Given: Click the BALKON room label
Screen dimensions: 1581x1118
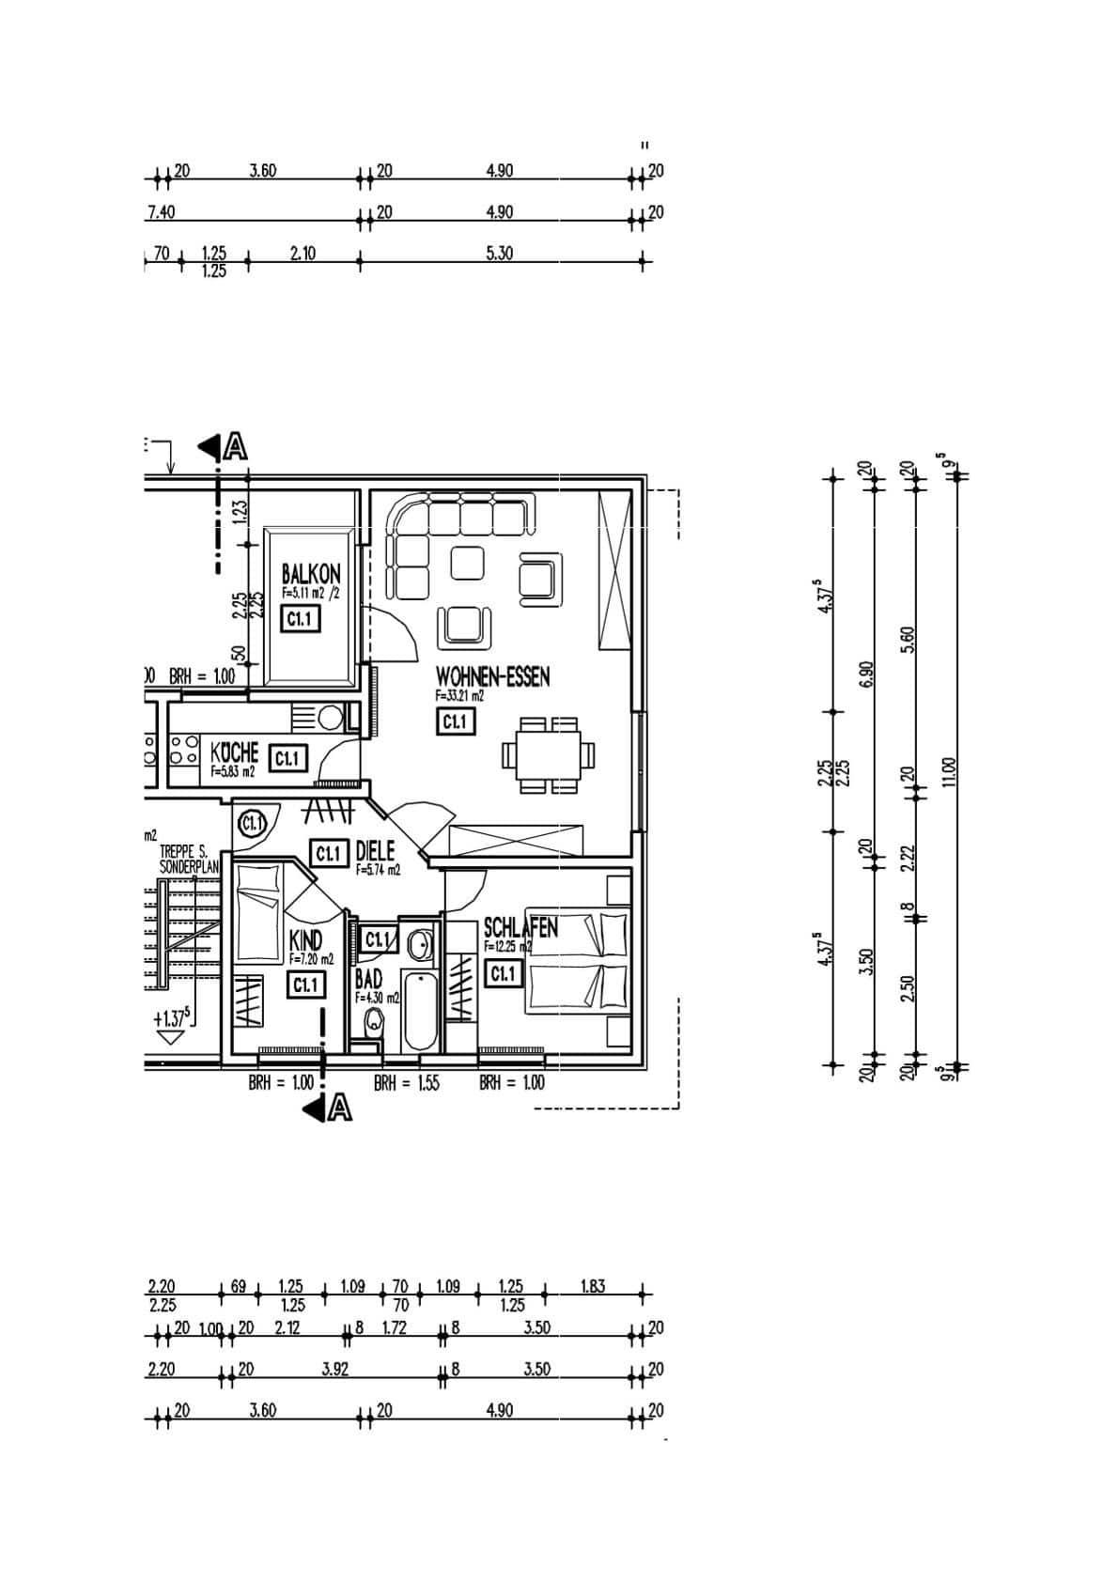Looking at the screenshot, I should tap(311, 573).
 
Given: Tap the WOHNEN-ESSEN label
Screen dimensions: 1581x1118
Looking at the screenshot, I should tap(492, 676).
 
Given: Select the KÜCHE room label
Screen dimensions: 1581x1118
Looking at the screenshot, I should tap(234, 752).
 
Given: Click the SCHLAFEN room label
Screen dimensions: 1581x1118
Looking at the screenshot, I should tap(520, 928).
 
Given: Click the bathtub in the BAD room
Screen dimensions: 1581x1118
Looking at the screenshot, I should tap(420, 1013).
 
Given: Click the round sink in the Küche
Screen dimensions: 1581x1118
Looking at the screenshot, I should tap(330, 718).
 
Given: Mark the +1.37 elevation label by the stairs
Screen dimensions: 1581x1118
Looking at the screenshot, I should tap(173, 1016).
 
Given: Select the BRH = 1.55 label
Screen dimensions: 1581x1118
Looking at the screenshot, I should tap(406, 1083).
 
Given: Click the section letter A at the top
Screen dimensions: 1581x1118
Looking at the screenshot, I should tap(236, 447).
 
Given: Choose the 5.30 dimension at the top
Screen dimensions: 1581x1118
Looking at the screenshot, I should tap(499, 253).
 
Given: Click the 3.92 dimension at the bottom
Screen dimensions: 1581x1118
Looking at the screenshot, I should tap(334, 1369).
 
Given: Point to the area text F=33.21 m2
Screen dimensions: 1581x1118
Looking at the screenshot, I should tap(459, 696).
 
